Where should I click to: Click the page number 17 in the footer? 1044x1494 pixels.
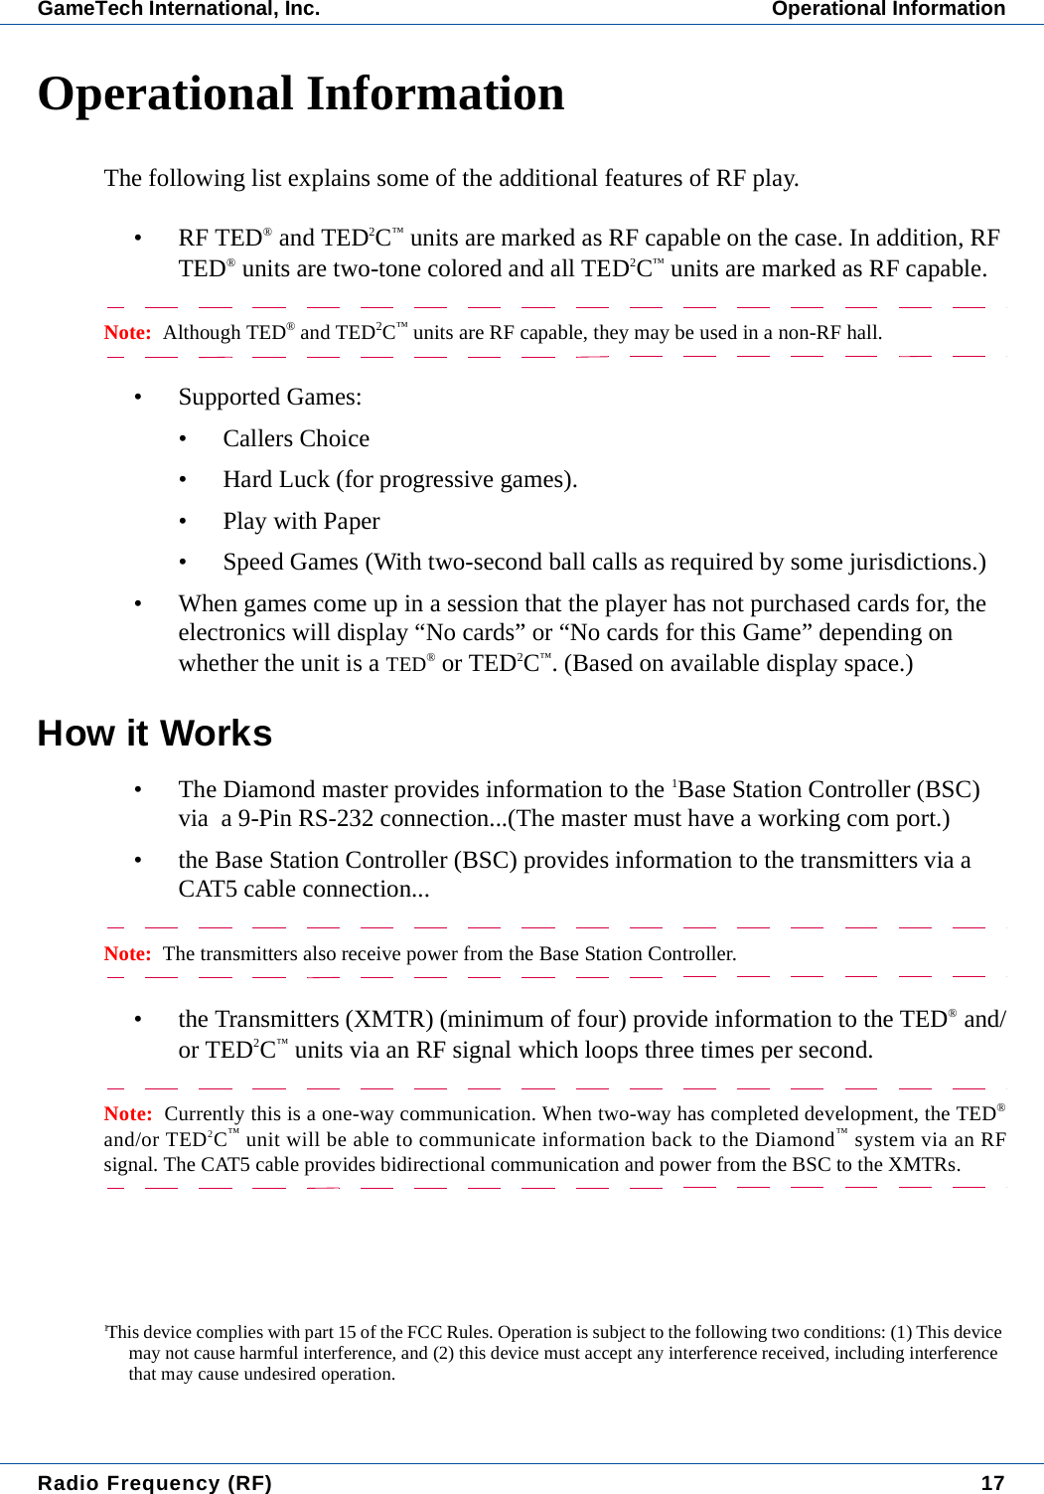tap(992, 1482)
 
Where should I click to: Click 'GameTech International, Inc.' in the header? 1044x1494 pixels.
tap(179, 9)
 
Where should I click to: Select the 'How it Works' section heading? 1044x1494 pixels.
tap(155, 734)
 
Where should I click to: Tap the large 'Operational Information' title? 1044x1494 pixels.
tap(301, 93)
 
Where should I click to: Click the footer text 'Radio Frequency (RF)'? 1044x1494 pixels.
tap(155, 1482)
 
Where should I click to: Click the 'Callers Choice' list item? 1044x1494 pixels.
tap(296, 438)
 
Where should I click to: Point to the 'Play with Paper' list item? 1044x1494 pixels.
tap(301, 521)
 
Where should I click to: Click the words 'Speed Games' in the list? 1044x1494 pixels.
tap(290, 562)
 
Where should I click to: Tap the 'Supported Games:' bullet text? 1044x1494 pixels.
tap(270, 397)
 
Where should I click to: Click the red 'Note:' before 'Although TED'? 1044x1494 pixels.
tap(127, 332)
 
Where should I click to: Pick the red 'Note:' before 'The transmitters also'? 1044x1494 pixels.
tap(127, 953)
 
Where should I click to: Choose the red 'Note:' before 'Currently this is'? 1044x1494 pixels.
tap(127, 1113)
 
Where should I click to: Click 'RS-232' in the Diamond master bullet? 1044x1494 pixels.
tap(336, 818)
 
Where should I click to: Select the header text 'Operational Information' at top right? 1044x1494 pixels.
tap(888, 9)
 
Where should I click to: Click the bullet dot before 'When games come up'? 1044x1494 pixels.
tap(139, 604)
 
